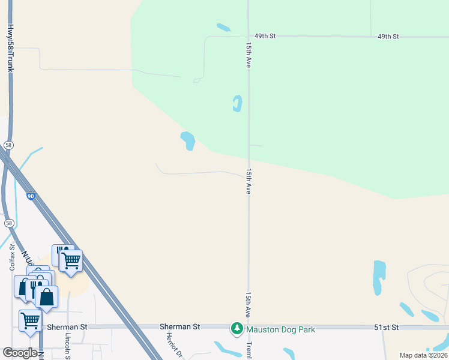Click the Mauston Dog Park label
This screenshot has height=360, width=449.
[281, 329]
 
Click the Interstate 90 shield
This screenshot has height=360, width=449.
[31, 196]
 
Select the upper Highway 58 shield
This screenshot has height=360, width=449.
[8, 145]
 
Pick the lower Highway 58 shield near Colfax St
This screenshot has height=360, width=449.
[8, 223]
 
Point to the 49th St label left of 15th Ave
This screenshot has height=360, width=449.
[264, 36]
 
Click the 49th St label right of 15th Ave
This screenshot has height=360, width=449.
[388, 37]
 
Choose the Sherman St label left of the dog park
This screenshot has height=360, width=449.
[179, 326]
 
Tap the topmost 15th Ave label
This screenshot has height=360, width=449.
[248, 54]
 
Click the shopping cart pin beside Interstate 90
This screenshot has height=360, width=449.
[71, 261]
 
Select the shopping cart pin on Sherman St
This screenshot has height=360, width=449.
[30, 320]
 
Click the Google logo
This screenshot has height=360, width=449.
[20, 353]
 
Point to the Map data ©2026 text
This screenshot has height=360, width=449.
[423, 355]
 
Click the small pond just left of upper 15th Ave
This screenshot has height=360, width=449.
[237, 103]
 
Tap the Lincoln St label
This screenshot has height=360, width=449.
[68, 347]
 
